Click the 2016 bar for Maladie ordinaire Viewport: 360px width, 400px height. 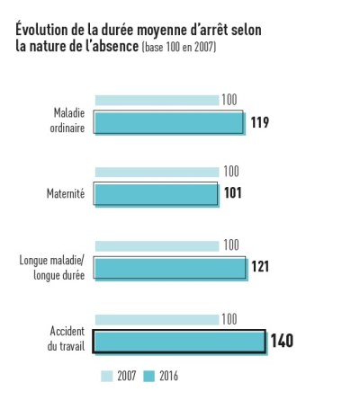(168, 122)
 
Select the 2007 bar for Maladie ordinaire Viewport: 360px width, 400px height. (157, 100)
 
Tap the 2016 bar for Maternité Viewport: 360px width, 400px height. (156, 193)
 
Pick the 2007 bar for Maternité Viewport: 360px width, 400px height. (157, 172)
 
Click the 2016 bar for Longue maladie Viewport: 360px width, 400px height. (169, 267)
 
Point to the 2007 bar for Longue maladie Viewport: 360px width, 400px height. (157, 245)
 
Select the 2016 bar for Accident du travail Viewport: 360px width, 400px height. (180, 342)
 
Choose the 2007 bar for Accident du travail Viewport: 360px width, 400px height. (157, 319)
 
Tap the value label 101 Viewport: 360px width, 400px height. (233, 193)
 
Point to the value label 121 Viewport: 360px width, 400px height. (261, 267)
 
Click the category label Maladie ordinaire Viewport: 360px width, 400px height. (67, 120)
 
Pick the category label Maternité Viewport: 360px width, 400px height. (65, 193)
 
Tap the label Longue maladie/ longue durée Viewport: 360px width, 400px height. (51, 267)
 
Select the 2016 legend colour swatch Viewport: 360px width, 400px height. (148, 376)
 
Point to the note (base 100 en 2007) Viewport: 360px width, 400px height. (179, 48)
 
